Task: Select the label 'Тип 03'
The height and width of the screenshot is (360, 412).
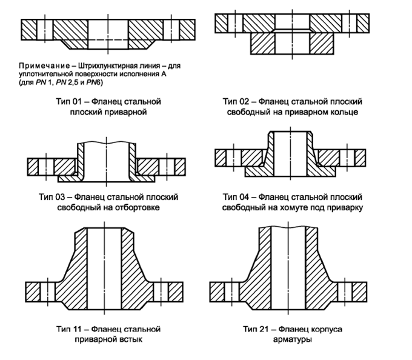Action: pyautogui.click(x=50, y=198)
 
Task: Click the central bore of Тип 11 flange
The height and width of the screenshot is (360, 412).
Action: pyautogui.click(x=103, y=267)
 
